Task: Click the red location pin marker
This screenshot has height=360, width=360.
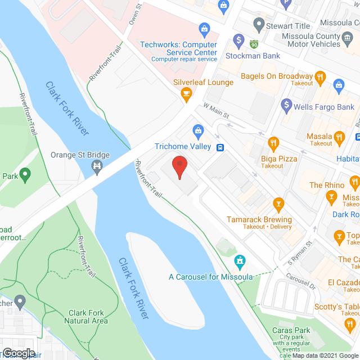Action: pos(179,167)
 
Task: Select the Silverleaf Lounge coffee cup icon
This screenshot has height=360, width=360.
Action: pos(187,96)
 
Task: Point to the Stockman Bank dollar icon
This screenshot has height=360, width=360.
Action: pos(239,42)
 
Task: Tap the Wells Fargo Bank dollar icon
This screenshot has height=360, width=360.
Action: pos(286,105)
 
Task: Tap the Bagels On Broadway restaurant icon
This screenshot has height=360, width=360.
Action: pos(320,76)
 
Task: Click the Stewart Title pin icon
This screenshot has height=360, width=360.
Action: pos(259,25)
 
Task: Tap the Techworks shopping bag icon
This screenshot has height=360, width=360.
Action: pos(204,28)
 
